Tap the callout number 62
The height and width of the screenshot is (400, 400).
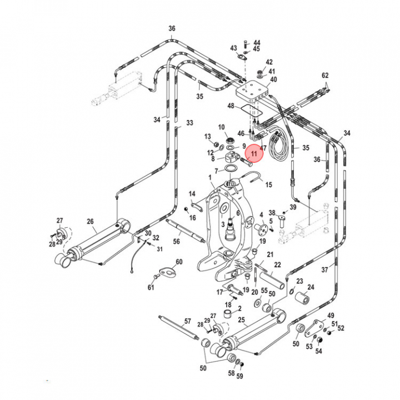(x=326, y=75)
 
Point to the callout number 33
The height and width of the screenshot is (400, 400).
(x=189, y=122)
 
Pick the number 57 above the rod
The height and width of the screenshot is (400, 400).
(x=187, y=322)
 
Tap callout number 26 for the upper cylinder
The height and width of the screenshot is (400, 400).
(x=90, y=222)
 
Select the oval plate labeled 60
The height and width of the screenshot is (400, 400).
(x=167, y=272)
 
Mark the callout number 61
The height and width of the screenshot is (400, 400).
(x=151, y=287)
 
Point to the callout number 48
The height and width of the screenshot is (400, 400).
(x=231, y=106)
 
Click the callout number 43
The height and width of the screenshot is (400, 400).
(x=234, y=48)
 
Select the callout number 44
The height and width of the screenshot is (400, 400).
(x=257, y=43)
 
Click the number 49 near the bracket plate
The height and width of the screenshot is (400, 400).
(x=331, y=316)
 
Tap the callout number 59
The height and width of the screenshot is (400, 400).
(x=240, y=377)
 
